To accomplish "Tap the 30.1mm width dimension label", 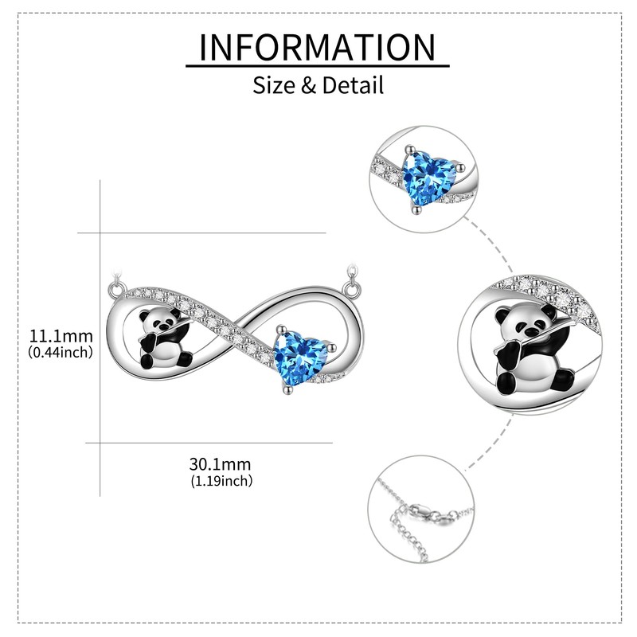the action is tap(221, 464).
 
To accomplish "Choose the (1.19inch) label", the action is tap(221, 481).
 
